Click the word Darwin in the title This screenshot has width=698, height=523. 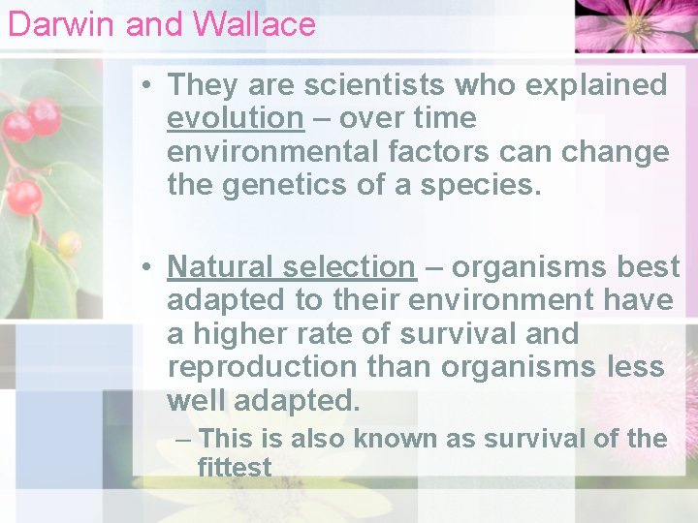pyautogui.click(x=62, y=23)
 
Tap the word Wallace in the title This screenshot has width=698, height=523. pyautogui.click(x=261, y=23)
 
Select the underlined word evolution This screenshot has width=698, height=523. pyautogui.click(x=235, y=119)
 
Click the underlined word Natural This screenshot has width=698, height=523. pyautogui.click(x=220, y=266)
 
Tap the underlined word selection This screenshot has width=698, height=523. pyautogui.click(x=348, y=266)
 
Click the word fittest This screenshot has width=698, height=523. pyautogui.click(x=234, y=468)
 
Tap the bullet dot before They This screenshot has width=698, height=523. pyautogui.click(x=143, y=85)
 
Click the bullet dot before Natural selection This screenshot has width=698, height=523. pyautogui.click(x=143, y=266)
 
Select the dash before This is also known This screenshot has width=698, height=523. pyautogui.click(x=182, y=439)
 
